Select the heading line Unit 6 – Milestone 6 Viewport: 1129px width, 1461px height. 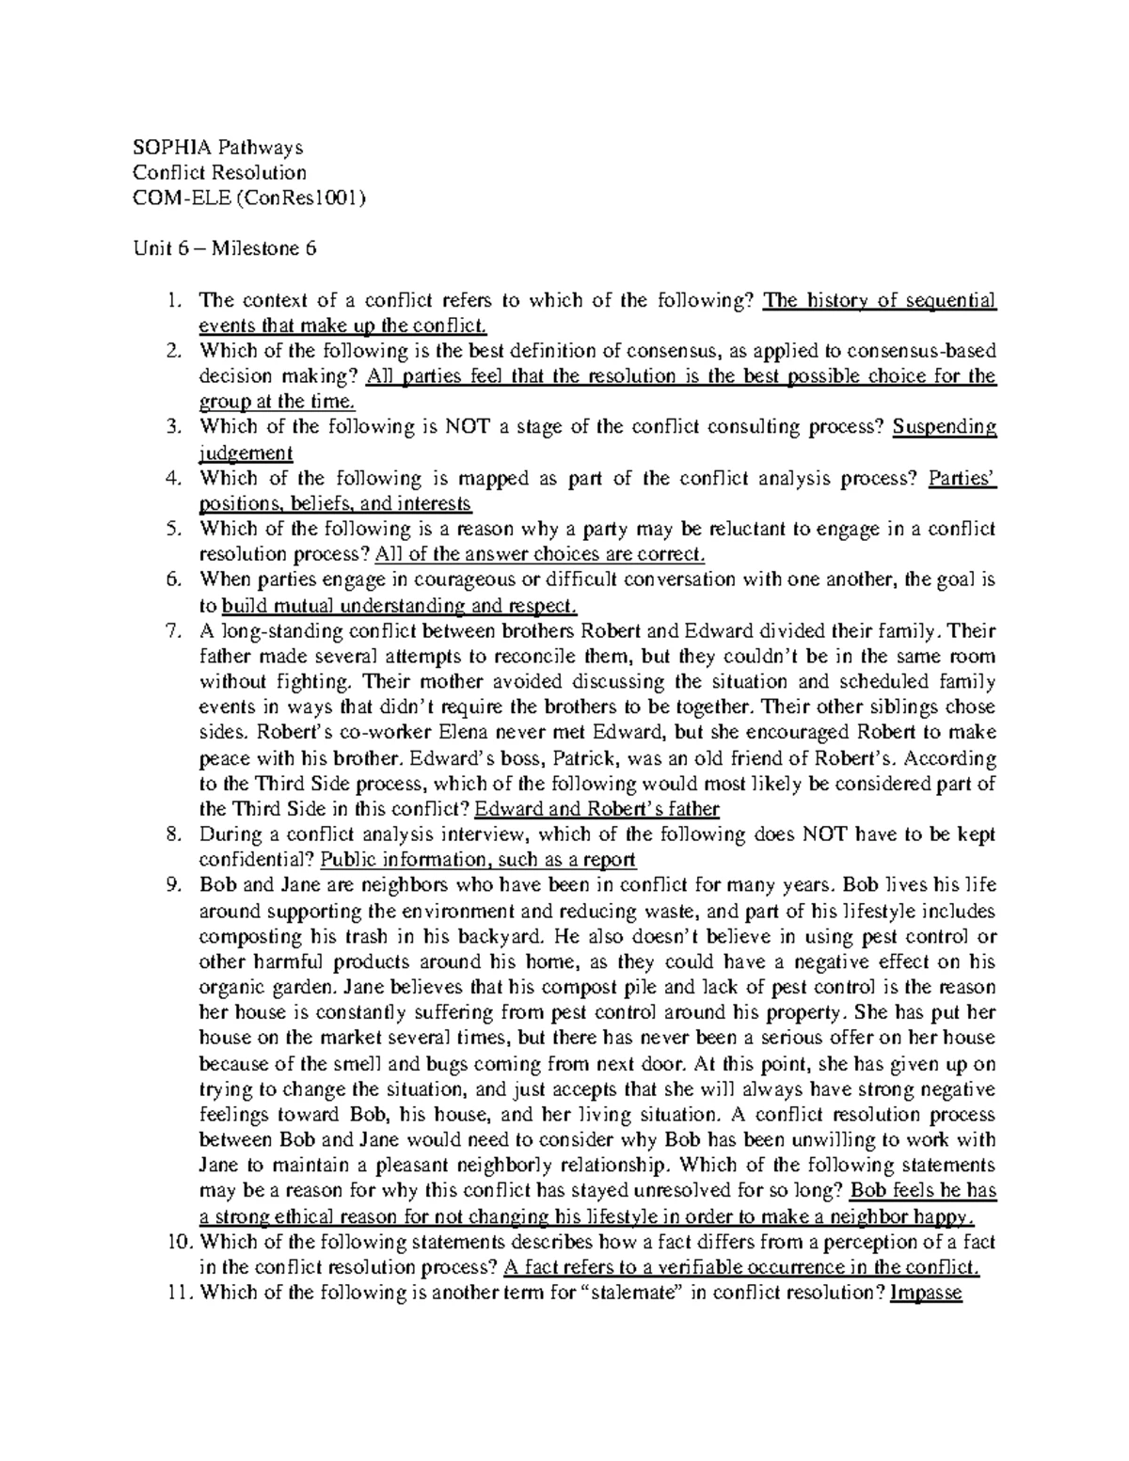tap(224, 248)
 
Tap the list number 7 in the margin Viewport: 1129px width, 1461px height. tap(171, 630)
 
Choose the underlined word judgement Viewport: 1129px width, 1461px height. tap(246, 453)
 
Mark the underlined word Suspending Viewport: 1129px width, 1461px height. tap(944, 427)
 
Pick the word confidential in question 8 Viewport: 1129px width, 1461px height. tap(255, 859)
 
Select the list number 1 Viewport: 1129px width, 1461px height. tap(171, 300)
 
